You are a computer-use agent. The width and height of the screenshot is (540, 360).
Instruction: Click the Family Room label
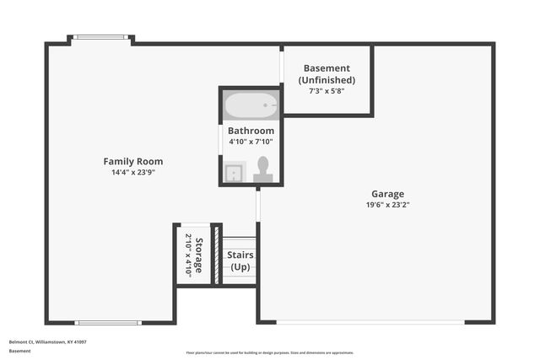(133, 161)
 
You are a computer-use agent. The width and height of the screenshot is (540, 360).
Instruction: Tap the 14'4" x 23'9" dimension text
(133, 172)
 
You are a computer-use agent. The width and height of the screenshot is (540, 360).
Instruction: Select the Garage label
(387, 193)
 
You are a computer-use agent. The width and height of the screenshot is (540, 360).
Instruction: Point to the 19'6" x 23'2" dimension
(387, 204)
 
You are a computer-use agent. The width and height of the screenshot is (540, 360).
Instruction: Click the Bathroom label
(251, 131)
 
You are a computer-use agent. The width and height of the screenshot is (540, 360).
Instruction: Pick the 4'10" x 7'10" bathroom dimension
(251, 141)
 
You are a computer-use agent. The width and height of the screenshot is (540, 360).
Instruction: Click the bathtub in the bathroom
(251, 106)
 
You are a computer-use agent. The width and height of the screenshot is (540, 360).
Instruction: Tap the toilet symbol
(263, 168)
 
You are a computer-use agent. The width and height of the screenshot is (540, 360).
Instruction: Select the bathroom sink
(234, 172)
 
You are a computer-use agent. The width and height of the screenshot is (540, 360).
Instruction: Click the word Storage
(199, 255)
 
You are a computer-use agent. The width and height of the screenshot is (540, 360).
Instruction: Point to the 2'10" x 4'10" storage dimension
(188, 255)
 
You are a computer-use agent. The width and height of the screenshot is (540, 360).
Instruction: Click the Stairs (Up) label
(240, 261)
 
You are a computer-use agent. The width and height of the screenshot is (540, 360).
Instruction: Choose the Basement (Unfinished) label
(327, 74)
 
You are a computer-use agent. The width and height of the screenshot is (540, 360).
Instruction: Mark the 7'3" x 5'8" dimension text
(327, 90)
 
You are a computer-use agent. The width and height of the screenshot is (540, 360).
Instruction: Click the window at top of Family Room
(100, 37)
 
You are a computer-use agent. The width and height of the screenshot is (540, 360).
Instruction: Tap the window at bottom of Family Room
(108, 322)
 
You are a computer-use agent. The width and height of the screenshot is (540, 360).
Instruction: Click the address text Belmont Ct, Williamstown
(48, 341)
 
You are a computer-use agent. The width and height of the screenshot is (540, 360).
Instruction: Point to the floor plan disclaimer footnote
(269, 352)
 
